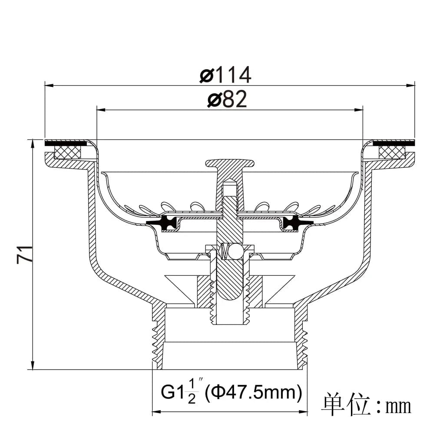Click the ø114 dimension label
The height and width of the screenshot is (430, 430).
(225, 74)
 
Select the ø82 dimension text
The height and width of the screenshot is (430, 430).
(227, 99)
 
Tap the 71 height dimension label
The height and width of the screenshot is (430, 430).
(25, 255)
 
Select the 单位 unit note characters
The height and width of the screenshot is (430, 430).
(347, 405)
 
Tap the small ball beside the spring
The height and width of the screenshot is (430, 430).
(234, 251)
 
